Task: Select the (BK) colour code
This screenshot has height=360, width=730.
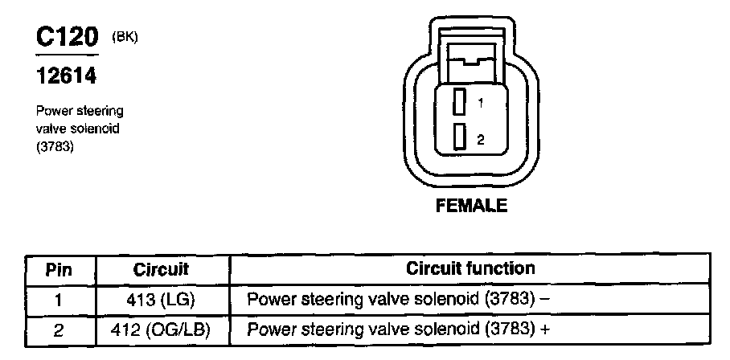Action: [x=126, y=36]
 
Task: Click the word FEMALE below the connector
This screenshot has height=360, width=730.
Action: [x=471, y=206]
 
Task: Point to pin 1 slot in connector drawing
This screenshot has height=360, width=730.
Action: [x=460, y=103]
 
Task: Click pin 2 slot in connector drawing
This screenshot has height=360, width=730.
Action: [x=460, y=137]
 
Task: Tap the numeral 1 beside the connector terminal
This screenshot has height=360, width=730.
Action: [x=480, y=103]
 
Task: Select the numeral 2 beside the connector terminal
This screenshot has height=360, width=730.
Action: [x=480, y=139]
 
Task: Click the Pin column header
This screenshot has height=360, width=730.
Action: [x=58, y=269]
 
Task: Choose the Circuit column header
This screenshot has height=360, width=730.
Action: [x=161, y=269]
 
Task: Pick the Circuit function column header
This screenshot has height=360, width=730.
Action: [x=470, y=268]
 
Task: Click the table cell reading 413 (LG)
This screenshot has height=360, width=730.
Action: [x=161, y=300]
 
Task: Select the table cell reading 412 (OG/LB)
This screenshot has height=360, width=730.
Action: [x=161, y=329]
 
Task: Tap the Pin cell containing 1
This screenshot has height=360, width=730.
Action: [x=58, y=300]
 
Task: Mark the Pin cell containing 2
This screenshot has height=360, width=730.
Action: [x=58, y=329]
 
